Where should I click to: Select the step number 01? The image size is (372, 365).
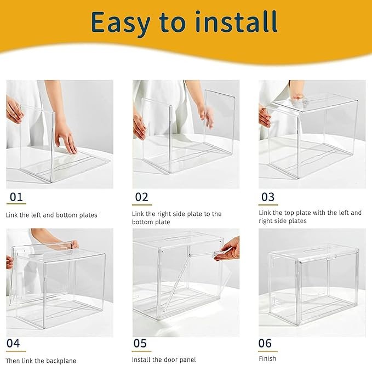click(16, 197)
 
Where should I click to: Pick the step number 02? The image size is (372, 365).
click(142, 197)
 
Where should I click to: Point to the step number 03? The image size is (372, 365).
click(268, 197)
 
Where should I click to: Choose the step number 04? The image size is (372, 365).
click(13, 343)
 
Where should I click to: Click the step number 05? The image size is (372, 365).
click(140, 343)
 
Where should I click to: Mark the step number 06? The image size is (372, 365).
click(265, 343)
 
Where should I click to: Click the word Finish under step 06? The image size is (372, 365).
click(267, 358)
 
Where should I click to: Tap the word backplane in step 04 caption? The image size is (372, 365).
click(61, 361)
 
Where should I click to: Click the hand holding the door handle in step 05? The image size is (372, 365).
click(227, 249)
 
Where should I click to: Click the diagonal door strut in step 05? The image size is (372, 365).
click(177, 282)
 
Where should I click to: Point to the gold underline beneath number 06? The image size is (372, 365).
click(268, 351)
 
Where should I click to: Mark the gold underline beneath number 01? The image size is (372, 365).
click(16, 204)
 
